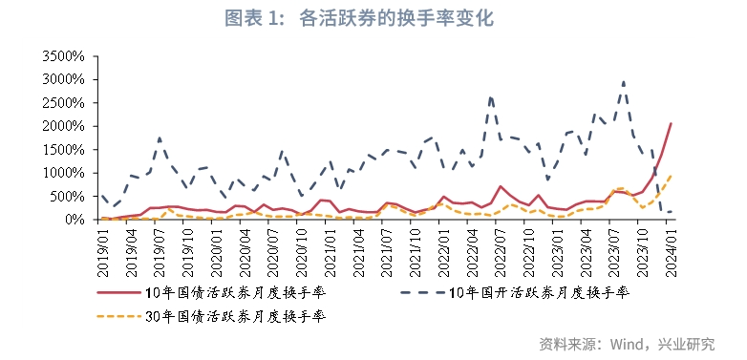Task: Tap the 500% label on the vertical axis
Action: (70, 196)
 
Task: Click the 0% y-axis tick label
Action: (77, 220)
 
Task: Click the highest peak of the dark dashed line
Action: (624, 82)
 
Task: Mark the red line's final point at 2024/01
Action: (671, 123)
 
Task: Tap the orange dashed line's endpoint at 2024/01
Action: (671, 176)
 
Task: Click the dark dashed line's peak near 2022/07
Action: (491, 96)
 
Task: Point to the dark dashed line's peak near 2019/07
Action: (160, 138)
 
